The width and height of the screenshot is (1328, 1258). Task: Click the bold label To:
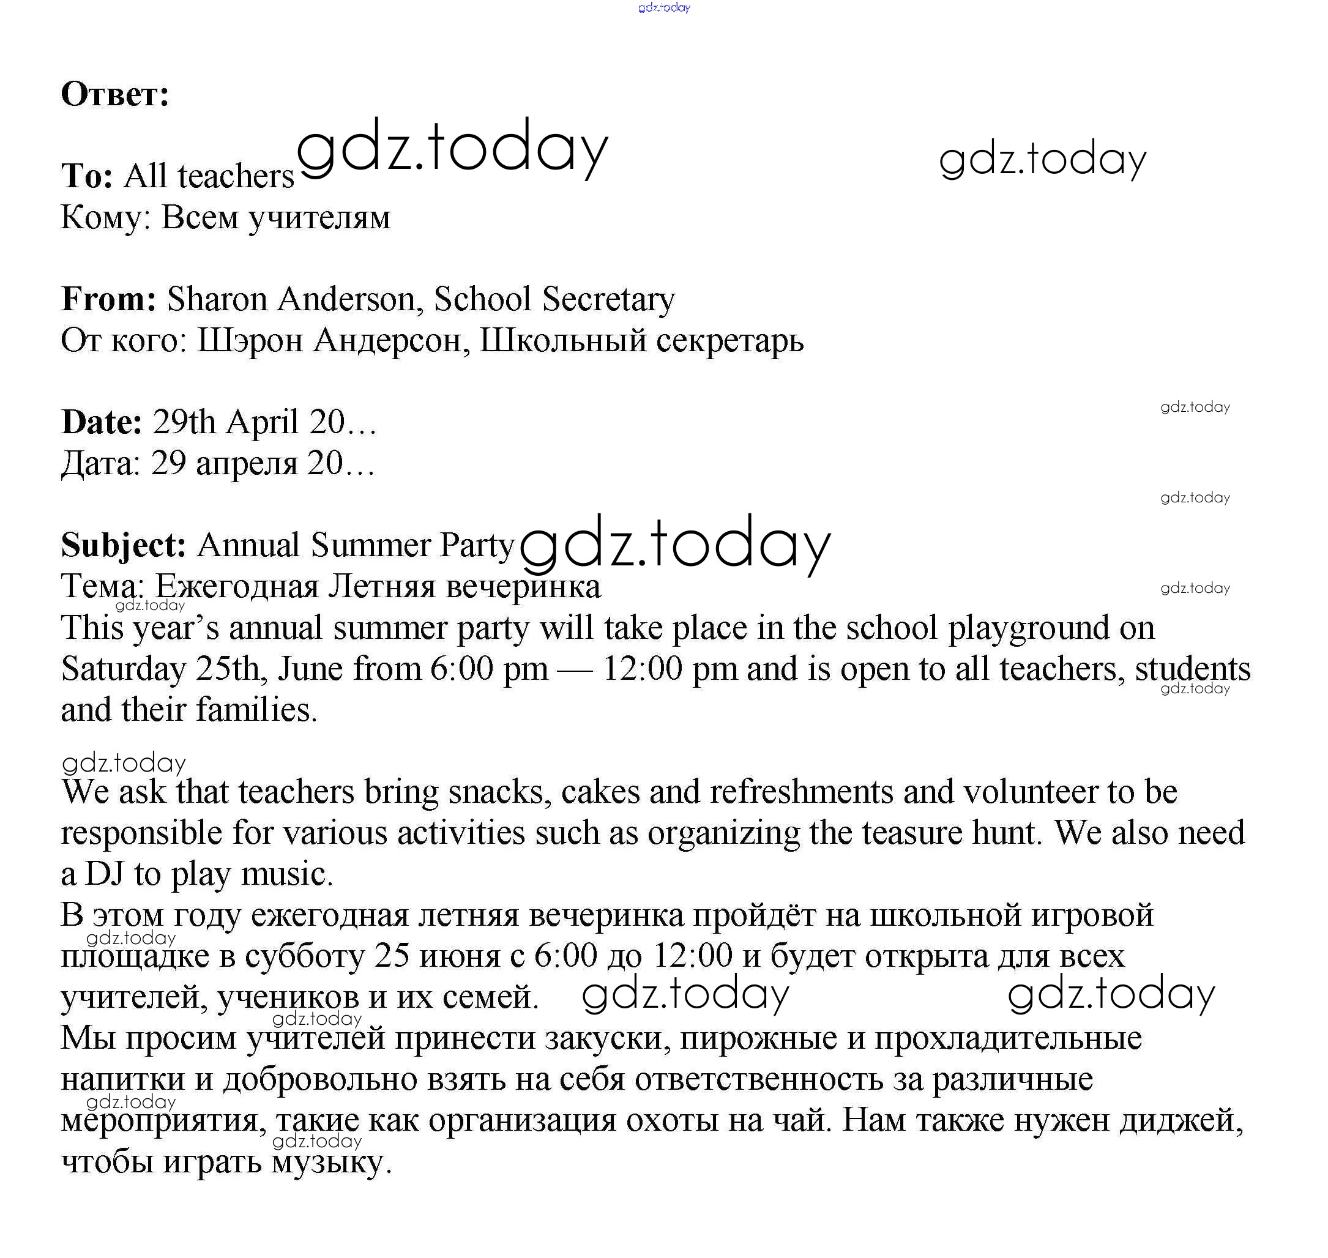[x=87, y=176]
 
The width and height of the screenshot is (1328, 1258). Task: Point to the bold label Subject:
[x=124, y=545]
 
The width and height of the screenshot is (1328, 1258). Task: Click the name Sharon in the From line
[x=217, y=299]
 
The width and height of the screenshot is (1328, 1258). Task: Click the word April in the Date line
[x=263, y=422]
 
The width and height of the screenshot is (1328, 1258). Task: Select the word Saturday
[x=124, y=669]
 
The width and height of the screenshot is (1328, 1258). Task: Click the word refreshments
[x=802, y=792]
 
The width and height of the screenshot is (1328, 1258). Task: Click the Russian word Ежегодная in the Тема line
[x=237, y=587]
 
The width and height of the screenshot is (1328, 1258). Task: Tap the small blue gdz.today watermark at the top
[x=664, y=7]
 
